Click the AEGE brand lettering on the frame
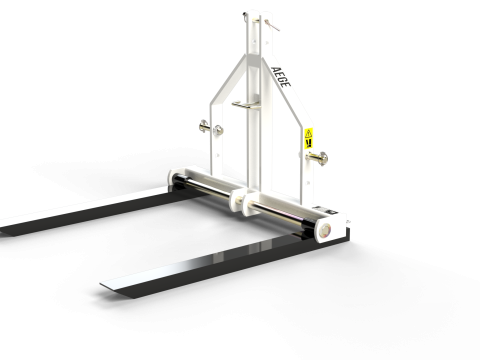(x=280, y=77)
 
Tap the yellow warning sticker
(x=309, y=138)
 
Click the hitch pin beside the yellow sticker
(x=317, y=158)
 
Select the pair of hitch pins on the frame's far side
(x=211, y=128)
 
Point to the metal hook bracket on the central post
(x=246, y=105)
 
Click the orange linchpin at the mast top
(x=272, y=25)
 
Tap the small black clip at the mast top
(x=245, y=15)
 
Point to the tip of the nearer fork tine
(x=101, y=284)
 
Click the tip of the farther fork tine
(x=1, y=230)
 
